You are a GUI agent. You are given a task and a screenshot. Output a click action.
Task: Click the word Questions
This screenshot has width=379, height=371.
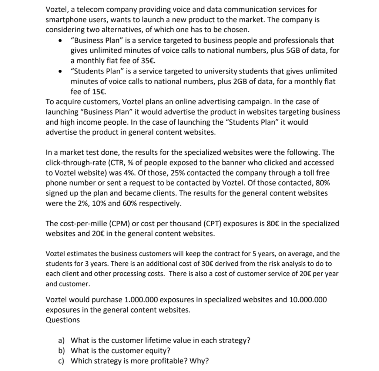(63, 320)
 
